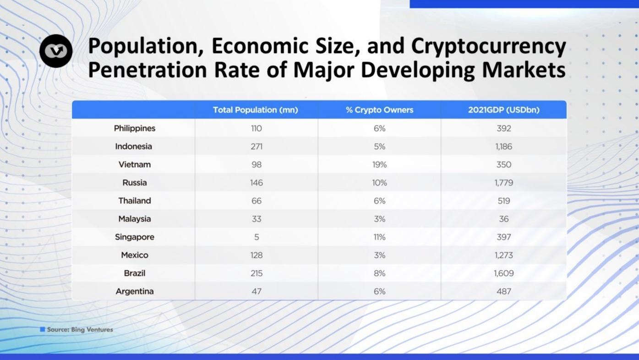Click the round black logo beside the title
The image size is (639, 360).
tap(56, 51)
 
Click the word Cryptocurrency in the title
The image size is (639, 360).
tap(488, 46)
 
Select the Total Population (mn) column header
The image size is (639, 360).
tap(256, 110)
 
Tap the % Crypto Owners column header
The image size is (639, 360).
tap(379, 110)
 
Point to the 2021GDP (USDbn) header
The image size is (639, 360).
tap(503, 110)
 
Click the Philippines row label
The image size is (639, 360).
tap(135, 128)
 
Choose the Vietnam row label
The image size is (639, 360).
tap(135, 164)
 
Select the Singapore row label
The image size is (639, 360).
tap(135, 237)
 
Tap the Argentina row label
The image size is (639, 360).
tap(135, 291)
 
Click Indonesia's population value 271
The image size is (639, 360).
tap(257, 147)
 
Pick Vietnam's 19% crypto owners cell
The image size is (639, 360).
tap(379, 164)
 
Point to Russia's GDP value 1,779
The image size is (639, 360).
tap(503, 183)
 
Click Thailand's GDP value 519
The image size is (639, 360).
tap(503, 201)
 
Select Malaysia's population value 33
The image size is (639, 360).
tap(257, 219)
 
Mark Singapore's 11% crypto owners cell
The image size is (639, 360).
tap(379, 237)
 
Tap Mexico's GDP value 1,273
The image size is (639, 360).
tap(503, 255)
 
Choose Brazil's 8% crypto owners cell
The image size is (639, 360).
tap(379, 273)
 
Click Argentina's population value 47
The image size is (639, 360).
tap(257, 291)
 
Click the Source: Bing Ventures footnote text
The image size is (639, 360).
tap(80, 329)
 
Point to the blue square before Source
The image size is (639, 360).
tap(43, 329)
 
